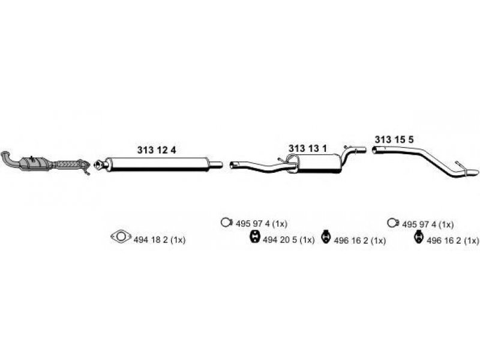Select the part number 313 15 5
pyautogui.click(x=394, y=140)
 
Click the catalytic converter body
pyautogui.click(x=34, y=164)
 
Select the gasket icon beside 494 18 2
pyautogui.click(x=119, y=238)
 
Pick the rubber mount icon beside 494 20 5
pyautogui.click(x=254, y=239)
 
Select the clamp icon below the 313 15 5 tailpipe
pyautogui.click(x=393, y=223)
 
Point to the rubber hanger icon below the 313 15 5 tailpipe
pyautogui.click(x=419, y=239)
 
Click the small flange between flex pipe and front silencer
pyautogui.click(x=87, y=165)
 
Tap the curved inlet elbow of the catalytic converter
pyautogui.click(x=9, y=159)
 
